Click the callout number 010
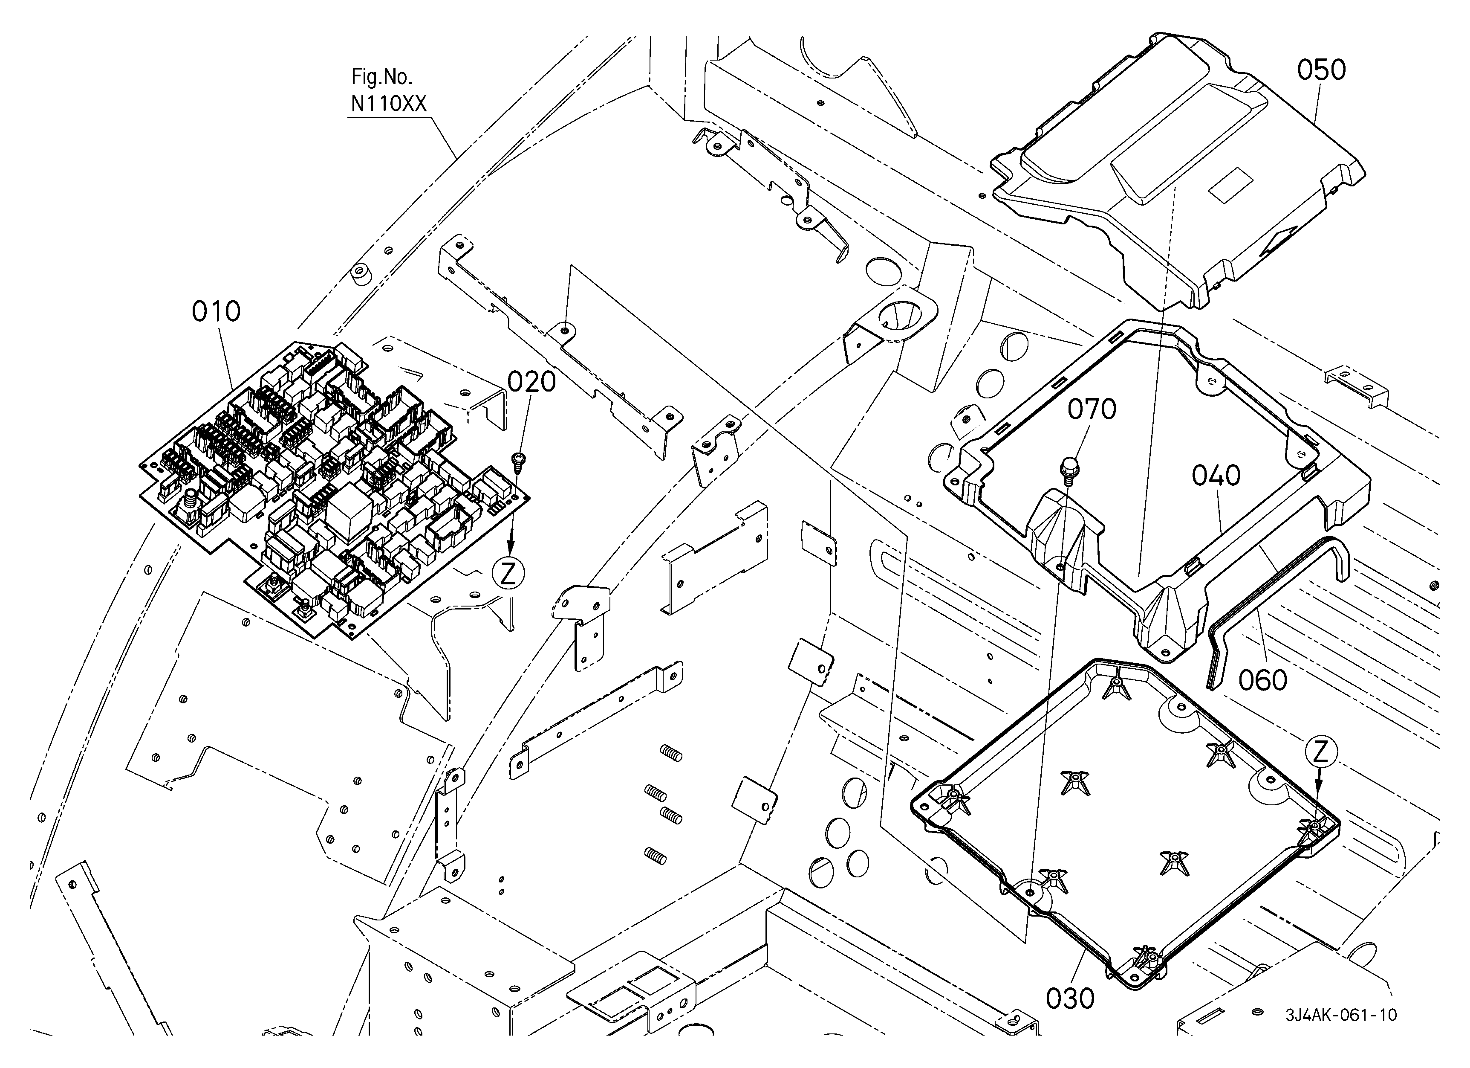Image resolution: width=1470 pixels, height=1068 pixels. pos(216,312)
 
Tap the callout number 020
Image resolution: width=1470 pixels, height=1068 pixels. pos(531,383)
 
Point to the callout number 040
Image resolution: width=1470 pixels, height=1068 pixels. pos(1216,476)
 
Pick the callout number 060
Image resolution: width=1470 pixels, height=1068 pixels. pos(1262,680)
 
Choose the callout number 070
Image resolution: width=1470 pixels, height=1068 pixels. pos(1092,409)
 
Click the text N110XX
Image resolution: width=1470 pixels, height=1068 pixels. pos(389,104)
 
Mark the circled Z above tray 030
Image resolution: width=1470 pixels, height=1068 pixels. pos(1321,752)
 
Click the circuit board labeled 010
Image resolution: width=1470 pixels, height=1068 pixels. pos(335,491)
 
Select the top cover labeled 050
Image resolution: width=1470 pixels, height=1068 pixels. pos(1178,170)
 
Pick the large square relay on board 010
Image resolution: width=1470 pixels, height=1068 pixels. pos(349,512)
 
